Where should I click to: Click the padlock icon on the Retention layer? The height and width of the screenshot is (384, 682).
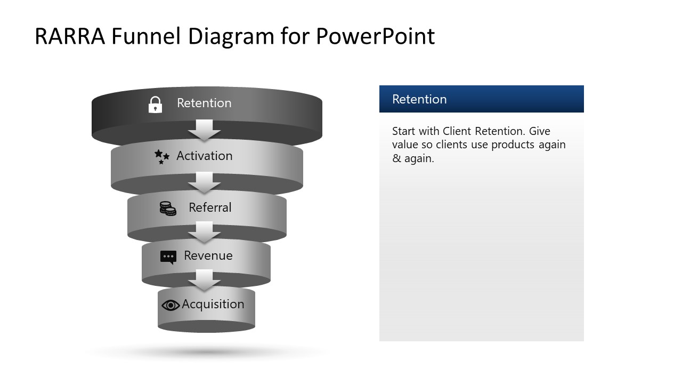155,105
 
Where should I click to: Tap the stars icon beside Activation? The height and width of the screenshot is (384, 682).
162,156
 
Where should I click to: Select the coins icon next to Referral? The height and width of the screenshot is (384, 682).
168,209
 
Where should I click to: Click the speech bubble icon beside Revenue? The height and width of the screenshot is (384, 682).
168,257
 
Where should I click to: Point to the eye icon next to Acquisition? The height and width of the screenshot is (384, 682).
170,305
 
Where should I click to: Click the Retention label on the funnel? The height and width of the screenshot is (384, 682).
204,103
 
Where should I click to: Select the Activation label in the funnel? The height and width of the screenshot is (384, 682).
205,156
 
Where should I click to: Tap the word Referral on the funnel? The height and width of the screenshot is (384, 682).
210,207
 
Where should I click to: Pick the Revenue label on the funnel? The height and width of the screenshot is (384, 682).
208,255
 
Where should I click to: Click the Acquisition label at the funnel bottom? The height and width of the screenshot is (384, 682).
213,304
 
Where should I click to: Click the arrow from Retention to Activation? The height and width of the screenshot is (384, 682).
204,130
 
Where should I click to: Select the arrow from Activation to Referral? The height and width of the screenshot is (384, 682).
204,182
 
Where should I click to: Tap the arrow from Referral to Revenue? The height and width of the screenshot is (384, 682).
204,232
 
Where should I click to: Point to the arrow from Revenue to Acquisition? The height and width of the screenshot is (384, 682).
204,280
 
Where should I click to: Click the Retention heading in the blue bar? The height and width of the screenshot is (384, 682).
419,99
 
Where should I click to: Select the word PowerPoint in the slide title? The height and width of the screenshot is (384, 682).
375,36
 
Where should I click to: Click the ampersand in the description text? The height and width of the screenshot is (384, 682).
396,159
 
